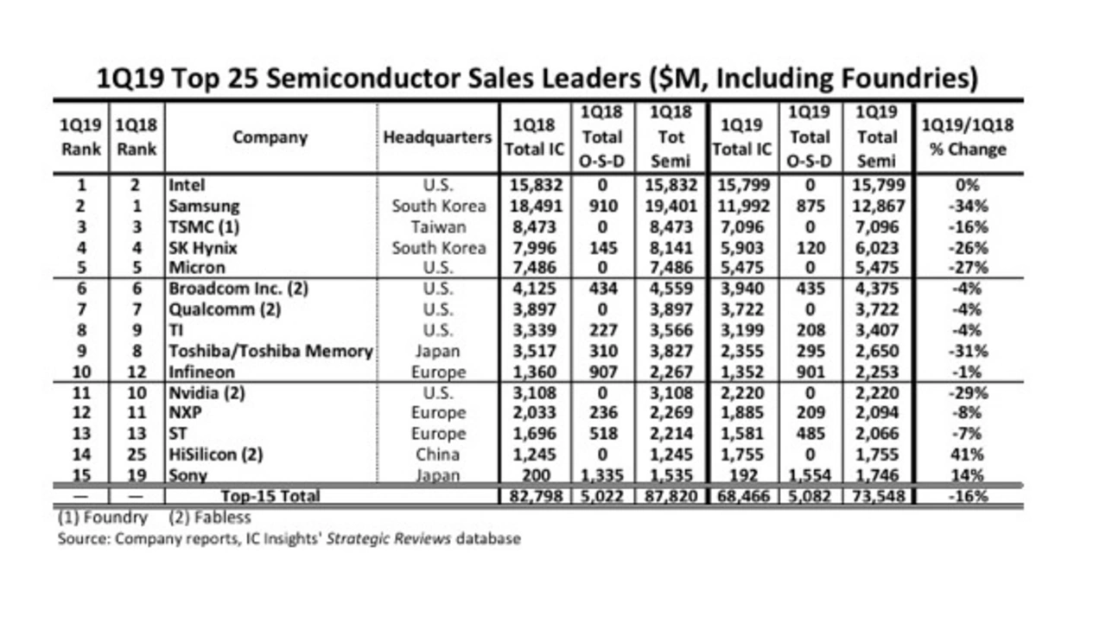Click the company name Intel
[187, 185]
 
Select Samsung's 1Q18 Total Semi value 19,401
[671, 206]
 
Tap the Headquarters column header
[437, 137]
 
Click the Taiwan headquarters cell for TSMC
[438, 227]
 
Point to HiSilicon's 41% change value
[967, 455]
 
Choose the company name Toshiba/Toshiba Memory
[270, 351]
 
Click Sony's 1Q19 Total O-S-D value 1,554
[810, 475]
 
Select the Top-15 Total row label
[270, 496]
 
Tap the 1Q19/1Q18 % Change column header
[968, 137]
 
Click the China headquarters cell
[437, 455]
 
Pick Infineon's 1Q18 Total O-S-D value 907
[602, 372]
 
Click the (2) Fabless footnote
[210, 518]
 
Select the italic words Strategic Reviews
[389, 538]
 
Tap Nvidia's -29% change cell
[968, 393]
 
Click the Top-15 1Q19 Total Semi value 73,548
[877, 496]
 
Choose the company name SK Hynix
[203, 248]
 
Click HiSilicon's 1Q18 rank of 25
[137, 455]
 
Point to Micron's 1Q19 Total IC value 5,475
[741, 268]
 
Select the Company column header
[270, 137]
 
